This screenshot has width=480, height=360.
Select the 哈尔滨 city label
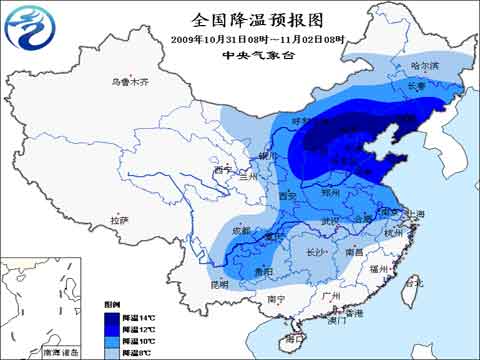425,66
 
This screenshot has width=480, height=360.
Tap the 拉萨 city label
120,220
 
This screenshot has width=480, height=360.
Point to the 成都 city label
241,231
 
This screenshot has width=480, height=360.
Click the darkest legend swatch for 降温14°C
111,317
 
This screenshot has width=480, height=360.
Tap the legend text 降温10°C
138,341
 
